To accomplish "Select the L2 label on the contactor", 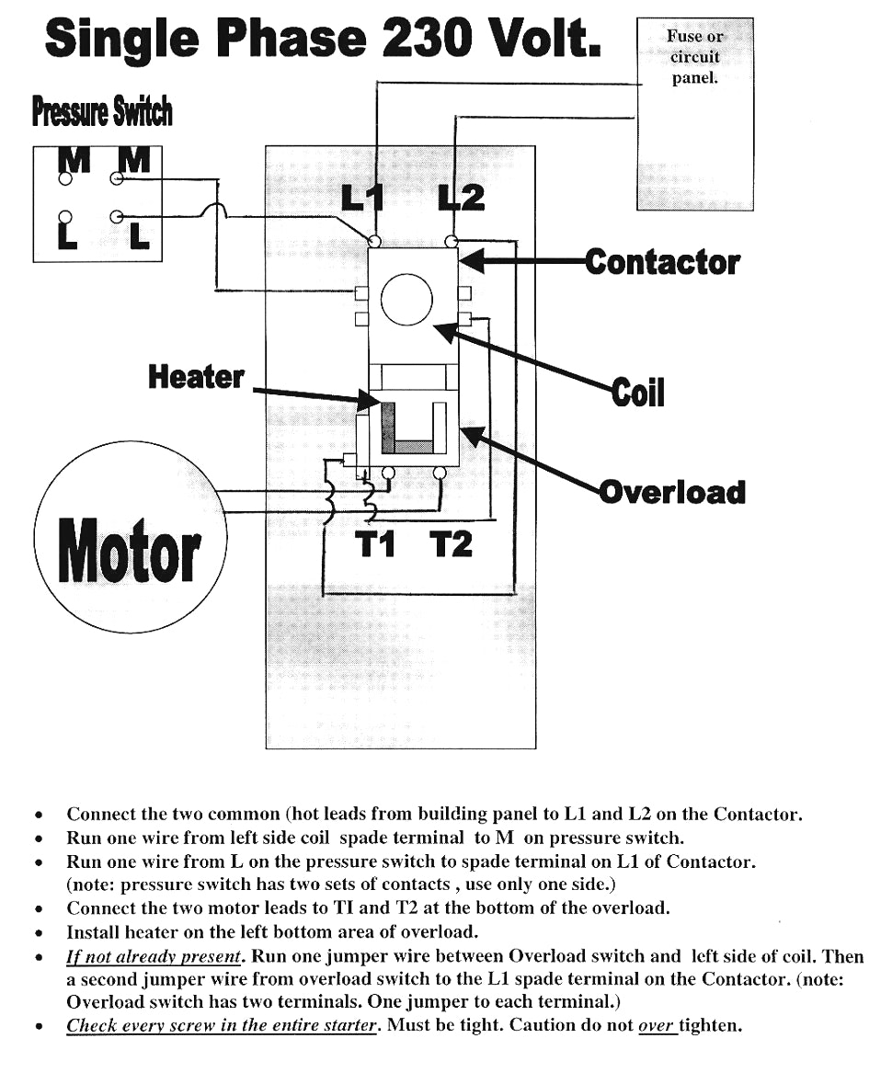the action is (462, 200).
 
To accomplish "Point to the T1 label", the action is (376, 544).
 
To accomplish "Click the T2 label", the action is (451, 544).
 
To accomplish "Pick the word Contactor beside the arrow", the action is (662, 263).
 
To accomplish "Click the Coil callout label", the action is (637, 393).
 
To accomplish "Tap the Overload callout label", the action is (672, 492).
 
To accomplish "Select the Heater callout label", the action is (197, 378).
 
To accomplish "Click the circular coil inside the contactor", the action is (406, 275).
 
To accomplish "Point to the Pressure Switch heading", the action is (102, 112).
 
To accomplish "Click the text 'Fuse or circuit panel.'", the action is (695, 57).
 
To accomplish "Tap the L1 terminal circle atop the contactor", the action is (374, 241).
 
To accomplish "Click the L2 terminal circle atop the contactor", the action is (451, 241).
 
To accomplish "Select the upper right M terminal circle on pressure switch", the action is (117, 179).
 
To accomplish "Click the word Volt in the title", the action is (543, 38).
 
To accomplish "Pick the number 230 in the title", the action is (427, 38).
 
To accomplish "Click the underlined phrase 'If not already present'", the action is (154, 957).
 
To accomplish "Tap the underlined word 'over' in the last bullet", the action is (656, 1025).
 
